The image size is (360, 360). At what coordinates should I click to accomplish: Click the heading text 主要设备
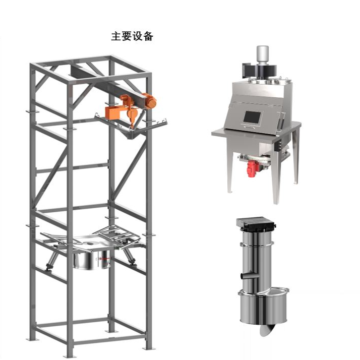(x=132, y=36)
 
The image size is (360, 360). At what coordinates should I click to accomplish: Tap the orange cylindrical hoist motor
(x=150, y=101)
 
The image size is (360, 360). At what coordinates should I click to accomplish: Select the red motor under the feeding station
(x=252, y=168)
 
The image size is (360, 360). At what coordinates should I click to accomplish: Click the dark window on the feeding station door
(x=252, y=117)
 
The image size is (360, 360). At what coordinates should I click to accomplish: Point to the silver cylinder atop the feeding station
(x=262, y=55)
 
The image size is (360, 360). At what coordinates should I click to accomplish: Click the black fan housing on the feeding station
(x=259, y=71)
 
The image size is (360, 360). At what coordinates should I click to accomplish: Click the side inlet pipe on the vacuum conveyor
(x=249, y=275)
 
